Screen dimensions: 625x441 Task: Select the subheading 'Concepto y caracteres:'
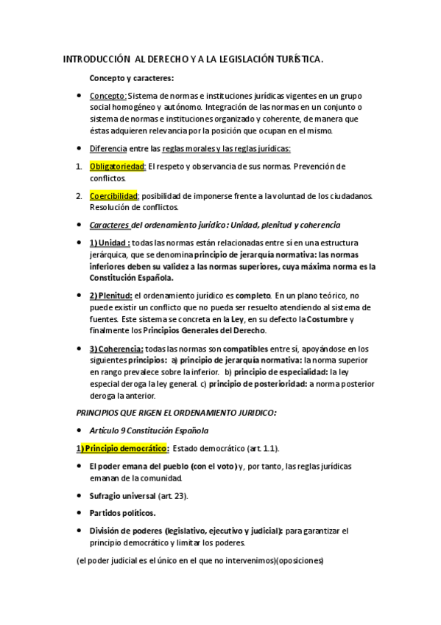[x=132, y=77]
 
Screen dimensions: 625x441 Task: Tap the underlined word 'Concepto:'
[x=108, y=96]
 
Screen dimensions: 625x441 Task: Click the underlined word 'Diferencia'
[x=108, y=148]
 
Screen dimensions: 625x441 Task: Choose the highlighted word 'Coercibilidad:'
[x=114, y=195]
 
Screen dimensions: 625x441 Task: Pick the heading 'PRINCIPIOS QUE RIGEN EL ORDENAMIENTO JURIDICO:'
[x=176, y=412]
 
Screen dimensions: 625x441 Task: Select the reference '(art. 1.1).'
[x=258, y=448]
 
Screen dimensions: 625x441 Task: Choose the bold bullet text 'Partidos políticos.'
[x=123, y=512]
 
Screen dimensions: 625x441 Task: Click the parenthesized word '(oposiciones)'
[x=297, y=559]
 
